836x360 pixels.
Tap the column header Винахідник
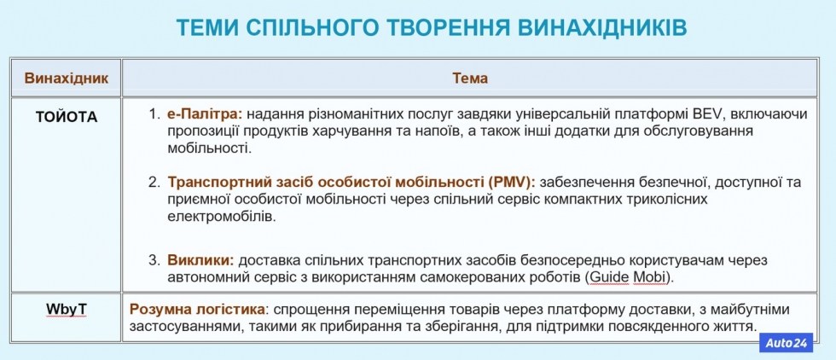[67, 78]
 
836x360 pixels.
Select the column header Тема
[470, 78]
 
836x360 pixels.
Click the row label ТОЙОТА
[67, 117]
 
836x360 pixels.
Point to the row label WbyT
[67, 310]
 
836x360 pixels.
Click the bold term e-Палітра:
[205, 113]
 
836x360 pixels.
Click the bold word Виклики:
[201, 261]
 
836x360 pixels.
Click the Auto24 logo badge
[787, 343]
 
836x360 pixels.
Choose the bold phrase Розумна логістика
[197, 310]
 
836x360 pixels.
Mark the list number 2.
[154, 183]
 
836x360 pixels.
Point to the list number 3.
[154, 261]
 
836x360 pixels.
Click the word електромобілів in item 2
[222, 217]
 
